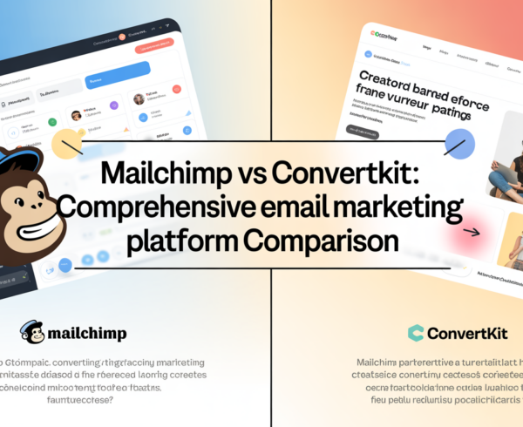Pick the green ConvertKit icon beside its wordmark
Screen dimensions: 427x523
417,332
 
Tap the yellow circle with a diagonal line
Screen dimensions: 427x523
68,143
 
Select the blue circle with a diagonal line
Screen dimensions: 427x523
458,145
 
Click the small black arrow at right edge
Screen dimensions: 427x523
472,232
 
